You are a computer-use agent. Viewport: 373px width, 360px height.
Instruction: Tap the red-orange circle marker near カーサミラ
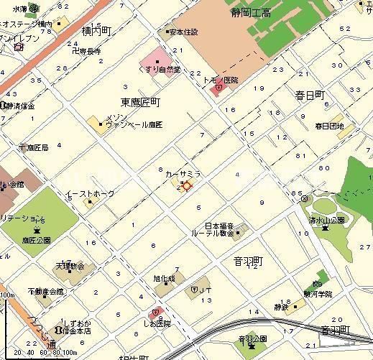187,186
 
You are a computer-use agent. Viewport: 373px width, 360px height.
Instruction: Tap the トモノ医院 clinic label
224,80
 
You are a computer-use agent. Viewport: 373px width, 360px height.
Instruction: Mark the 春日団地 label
329,126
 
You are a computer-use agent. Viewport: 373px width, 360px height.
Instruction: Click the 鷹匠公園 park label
36,241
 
